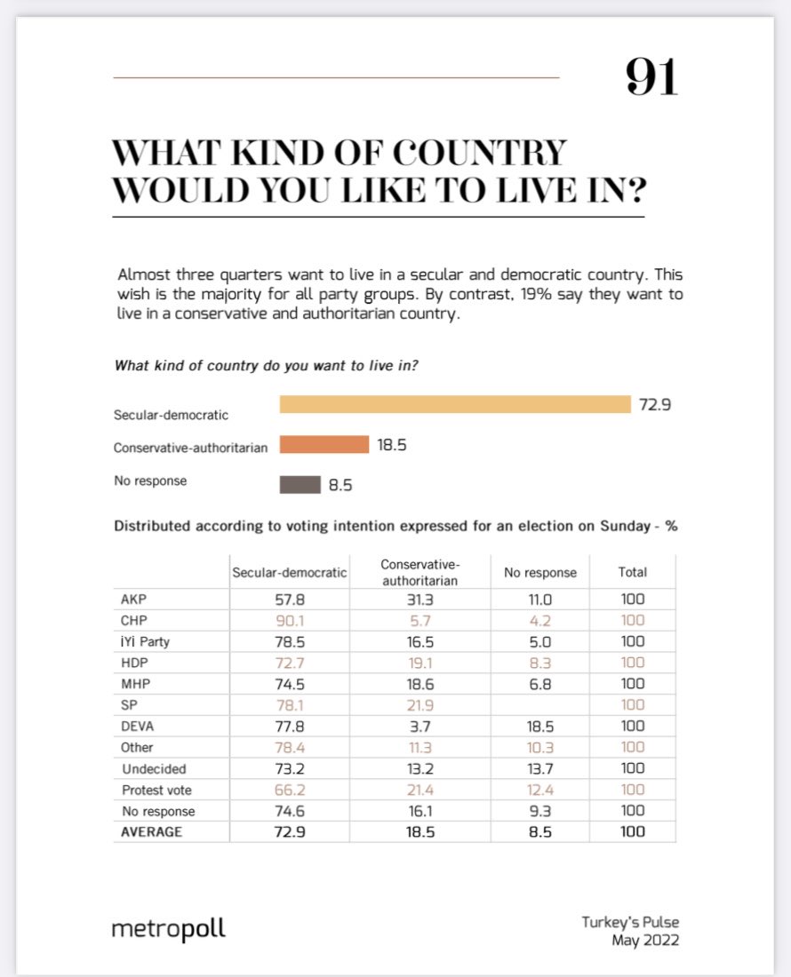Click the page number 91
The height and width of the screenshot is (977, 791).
pos(651,78)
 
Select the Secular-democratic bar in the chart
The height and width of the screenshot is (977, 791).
pos(454,404)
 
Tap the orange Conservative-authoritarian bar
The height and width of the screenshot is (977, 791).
pos(324,444)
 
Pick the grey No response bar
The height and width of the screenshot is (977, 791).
pos(300,484)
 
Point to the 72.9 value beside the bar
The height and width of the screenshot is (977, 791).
pos(655,405)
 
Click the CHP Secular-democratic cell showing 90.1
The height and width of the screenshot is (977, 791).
pos(289,620)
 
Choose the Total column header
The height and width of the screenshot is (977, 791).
pos(633,572)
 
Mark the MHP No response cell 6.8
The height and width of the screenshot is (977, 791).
pos(540,684)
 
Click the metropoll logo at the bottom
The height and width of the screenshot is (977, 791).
pos(168,929)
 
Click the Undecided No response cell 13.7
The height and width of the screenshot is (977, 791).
pos(540,768)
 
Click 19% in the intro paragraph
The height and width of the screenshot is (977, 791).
pos(523,294)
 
